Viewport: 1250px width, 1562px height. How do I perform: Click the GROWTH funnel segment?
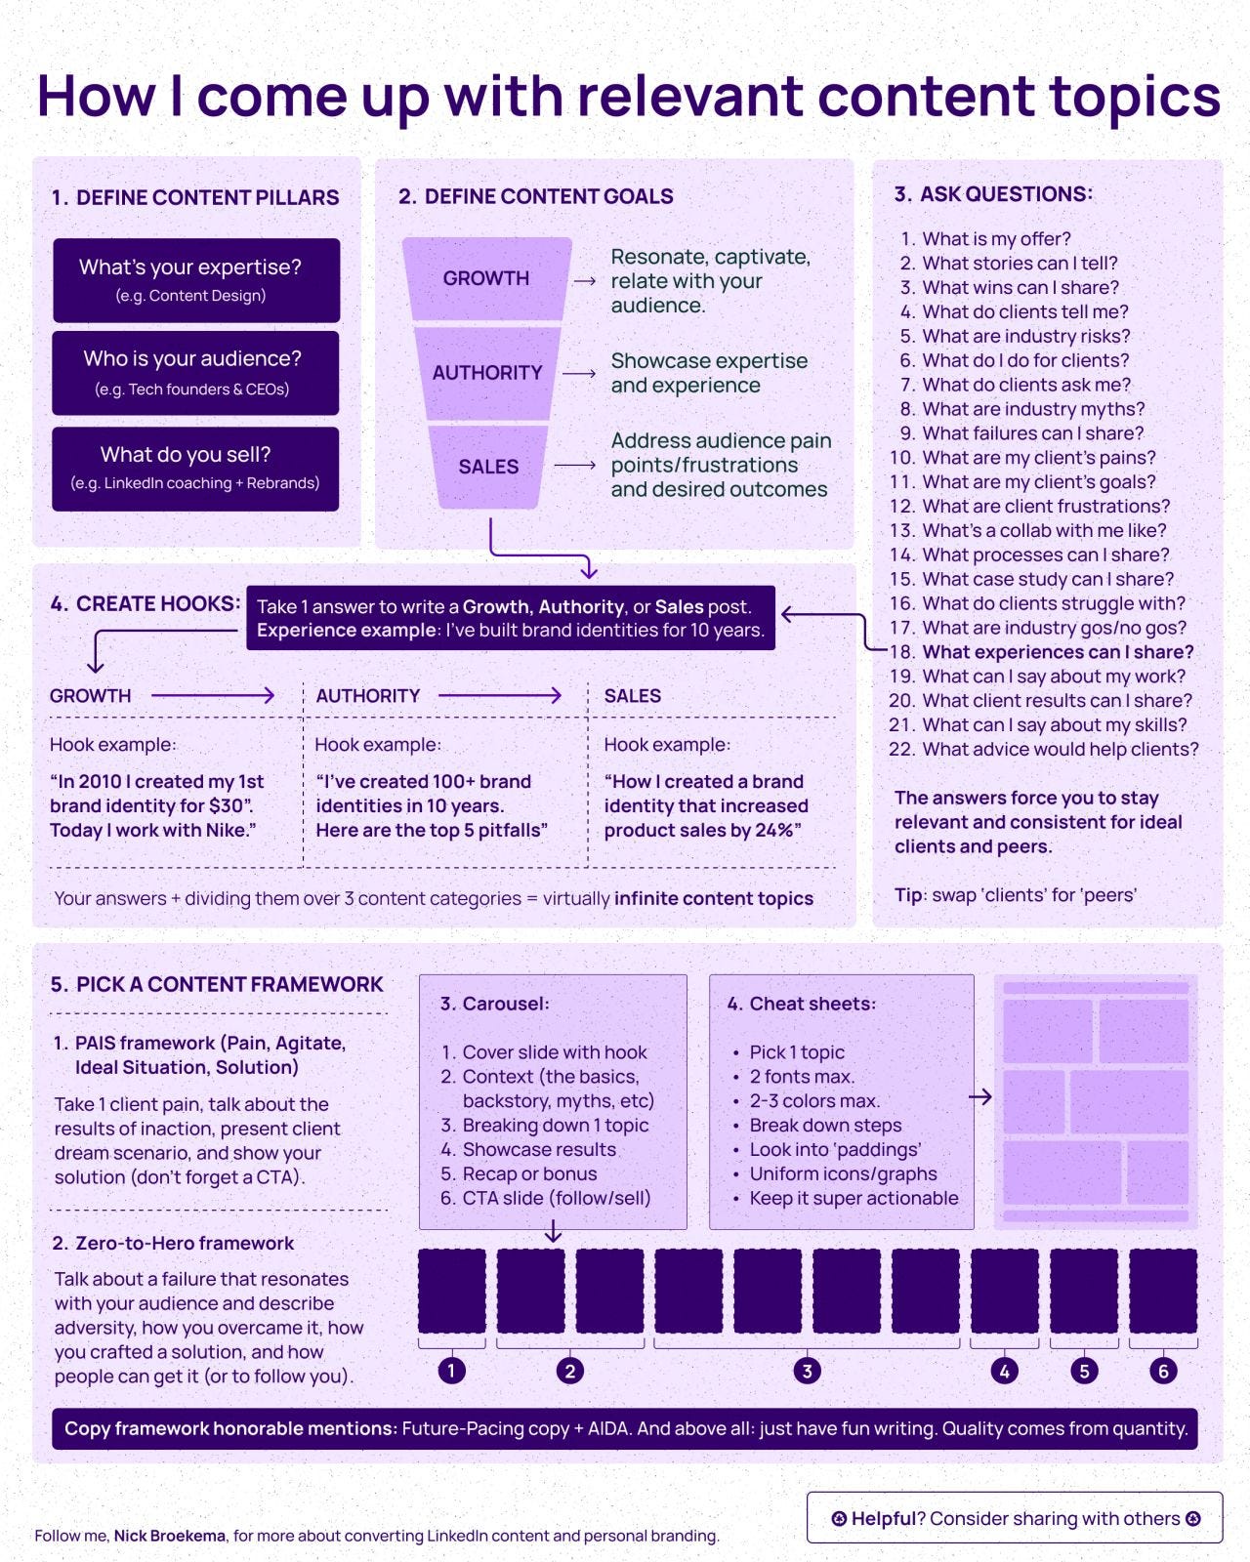click(486, 278)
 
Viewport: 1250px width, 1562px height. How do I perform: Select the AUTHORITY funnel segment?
click(487, 373)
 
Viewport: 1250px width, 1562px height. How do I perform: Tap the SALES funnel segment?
click(488, 467)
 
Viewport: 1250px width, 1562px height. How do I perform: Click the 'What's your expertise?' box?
click(196, 279)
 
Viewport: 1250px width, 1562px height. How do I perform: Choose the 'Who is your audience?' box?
click(195, 373)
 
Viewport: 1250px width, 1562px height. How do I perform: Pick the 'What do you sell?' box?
click(195, 468)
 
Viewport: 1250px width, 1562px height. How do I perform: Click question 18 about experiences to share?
click(1057, 652)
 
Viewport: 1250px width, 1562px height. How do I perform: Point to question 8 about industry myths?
click(1032, 409)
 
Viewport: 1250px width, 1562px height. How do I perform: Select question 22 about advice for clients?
click(1060, 750)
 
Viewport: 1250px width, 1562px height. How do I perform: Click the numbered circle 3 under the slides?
click(807, 1371)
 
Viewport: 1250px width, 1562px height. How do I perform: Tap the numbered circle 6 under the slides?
click(1163, 1371)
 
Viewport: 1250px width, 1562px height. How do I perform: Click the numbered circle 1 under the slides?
click(451, 1371)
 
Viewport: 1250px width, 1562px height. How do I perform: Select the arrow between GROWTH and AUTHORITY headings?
click(213, 696)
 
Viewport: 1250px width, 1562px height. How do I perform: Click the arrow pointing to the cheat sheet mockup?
click(980, 1097)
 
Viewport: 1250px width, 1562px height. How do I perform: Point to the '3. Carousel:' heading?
click(494, 1004)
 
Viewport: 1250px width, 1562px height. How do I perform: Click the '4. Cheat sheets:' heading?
click(801, 1004)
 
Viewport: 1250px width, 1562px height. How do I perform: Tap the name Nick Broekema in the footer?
click(170, 1536)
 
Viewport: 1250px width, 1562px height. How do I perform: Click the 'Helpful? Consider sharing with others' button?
click(1015, 1518)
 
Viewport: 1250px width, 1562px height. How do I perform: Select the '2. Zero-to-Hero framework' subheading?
click(173, 1243)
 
